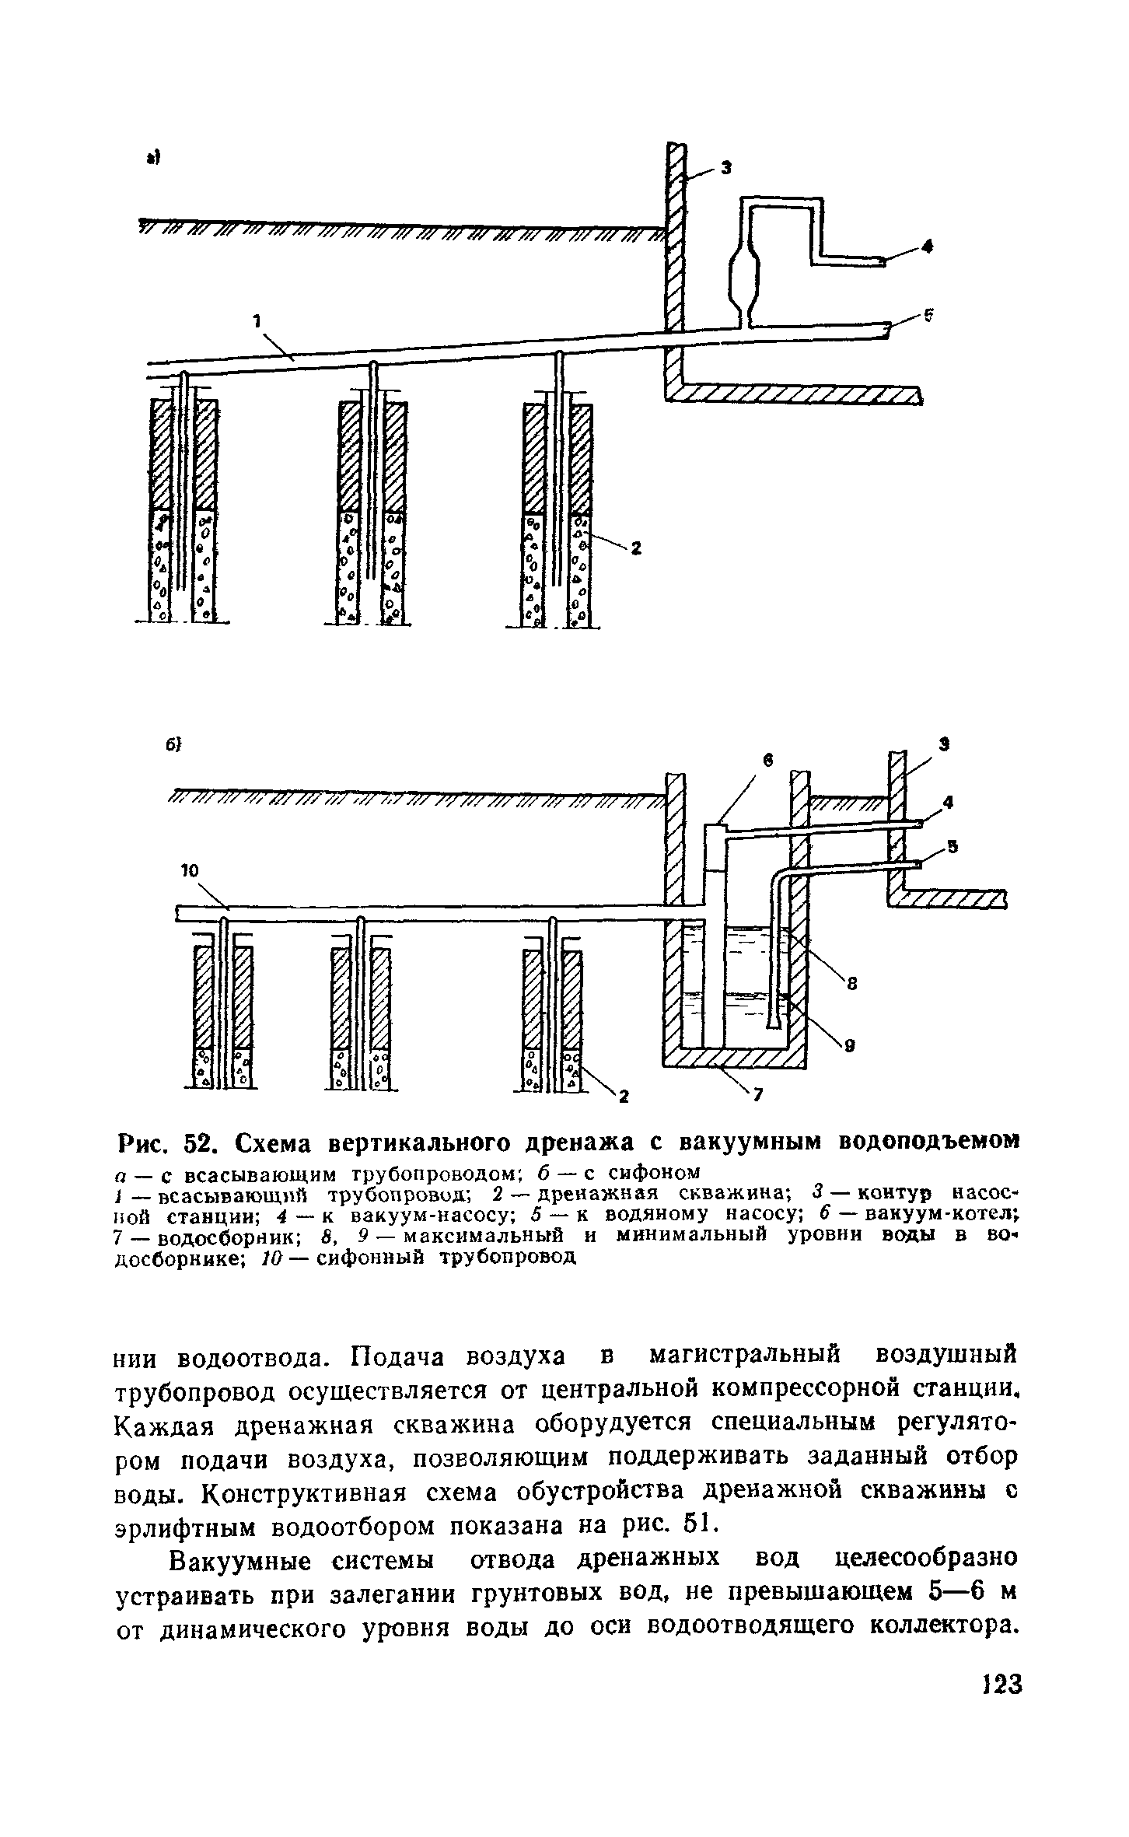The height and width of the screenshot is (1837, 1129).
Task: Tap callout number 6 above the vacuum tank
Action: pyautogui.click(x=767, y=765)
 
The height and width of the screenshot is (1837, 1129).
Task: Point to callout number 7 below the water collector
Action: pyautogui.click(x=759, y=1097)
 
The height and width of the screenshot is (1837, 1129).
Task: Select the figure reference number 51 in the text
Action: pyautogui.click(x=689, y=1526)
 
